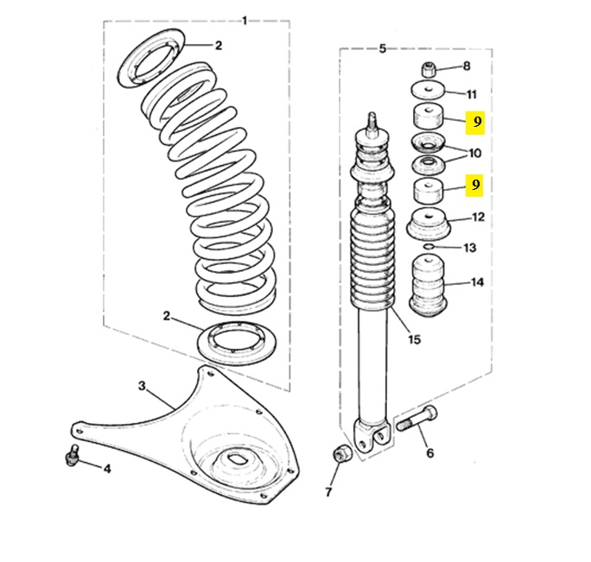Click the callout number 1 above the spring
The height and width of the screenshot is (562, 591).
245,19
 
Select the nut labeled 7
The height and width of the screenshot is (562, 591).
340,454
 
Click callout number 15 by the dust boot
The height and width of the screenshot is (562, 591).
415,339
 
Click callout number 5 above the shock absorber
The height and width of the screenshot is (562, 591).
383,48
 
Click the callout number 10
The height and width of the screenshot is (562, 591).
475,154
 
